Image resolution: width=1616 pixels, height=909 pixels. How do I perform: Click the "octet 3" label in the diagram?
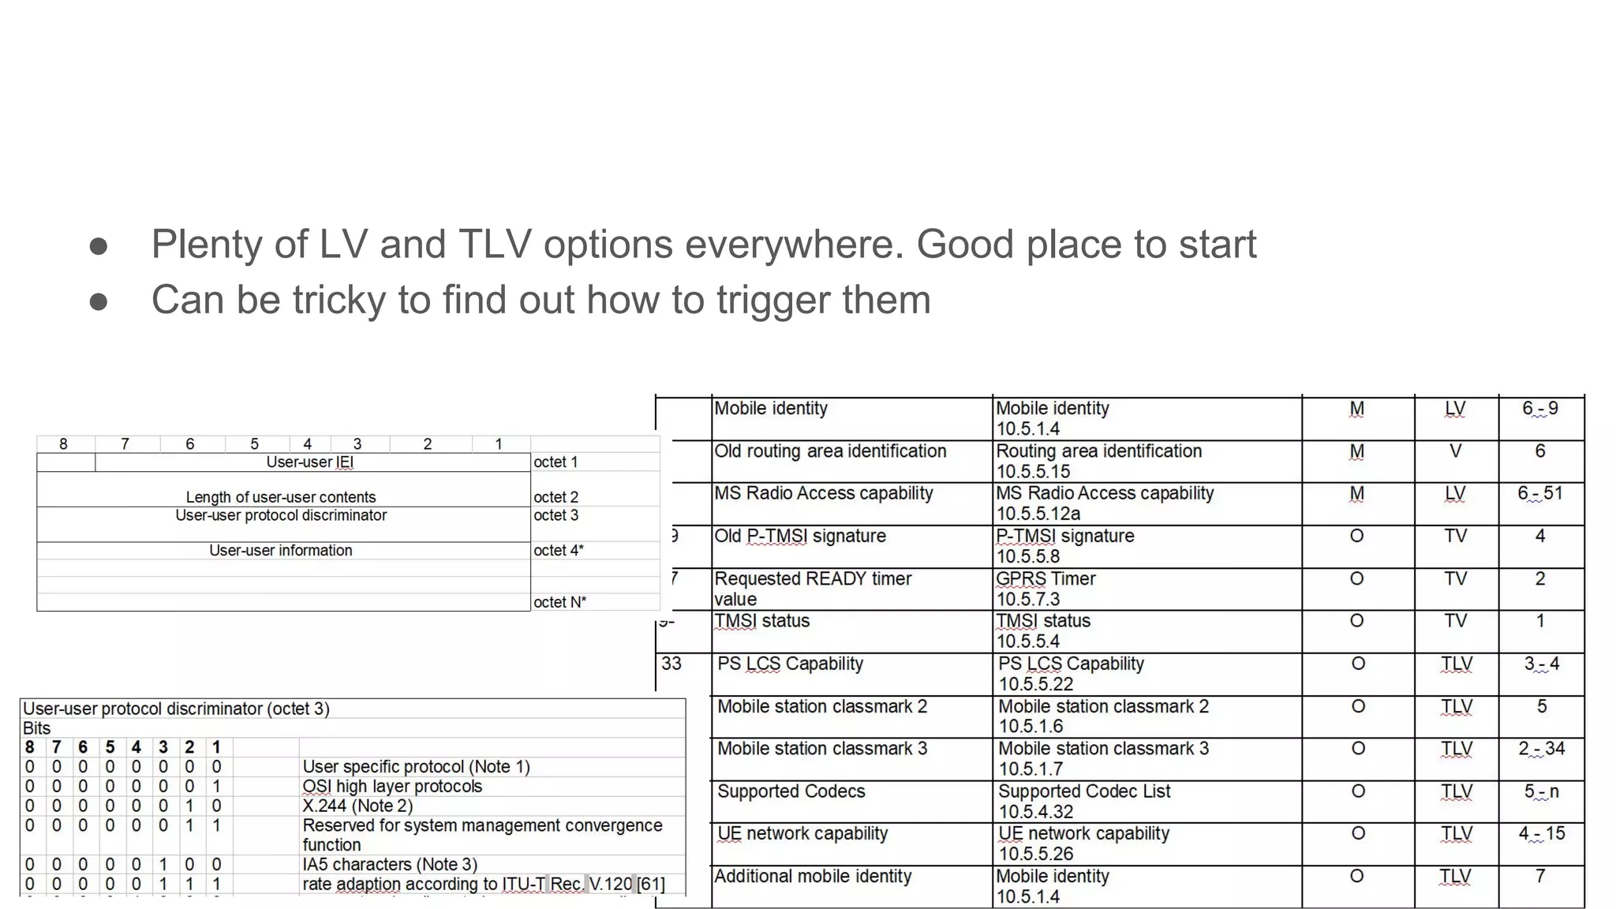pyautogui.click(x=555, y=515)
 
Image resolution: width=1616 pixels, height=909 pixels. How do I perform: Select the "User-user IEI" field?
pyautogui.click(x=310, y=462)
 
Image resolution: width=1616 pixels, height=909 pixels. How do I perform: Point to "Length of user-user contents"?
pyautogui.click(x=281, y=497)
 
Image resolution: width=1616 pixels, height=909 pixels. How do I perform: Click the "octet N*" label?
pyautogui.click(x=559, y=602)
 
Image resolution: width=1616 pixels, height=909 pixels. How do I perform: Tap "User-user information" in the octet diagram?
pyautogui.click(x=281, y=551)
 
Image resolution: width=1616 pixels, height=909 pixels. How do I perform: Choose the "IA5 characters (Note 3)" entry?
pyautogui.click(x=390, y=865)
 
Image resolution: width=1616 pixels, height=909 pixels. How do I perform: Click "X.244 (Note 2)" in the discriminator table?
pyautogui.click(x=357, y=806)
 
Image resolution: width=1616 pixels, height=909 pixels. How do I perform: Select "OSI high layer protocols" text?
pyautogui.click(x=392, y=787)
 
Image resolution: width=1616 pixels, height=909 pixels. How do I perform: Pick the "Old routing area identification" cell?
pyautogui.click(x=830, y=451)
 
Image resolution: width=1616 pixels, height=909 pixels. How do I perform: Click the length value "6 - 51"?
pyautogui.click(x=1539, y=493)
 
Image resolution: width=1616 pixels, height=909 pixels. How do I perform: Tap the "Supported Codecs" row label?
pyautogui.click(x=791, y=791)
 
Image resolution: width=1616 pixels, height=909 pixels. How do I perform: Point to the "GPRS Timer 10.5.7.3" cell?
pyautogui.click(x=1046, y=589)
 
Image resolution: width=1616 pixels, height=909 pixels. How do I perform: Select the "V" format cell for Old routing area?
pyautogui.click(x=1455, y=451)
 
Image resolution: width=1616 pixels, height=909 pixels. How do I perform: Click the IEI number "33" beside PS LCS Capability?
pyautogui.click(x=671, y=664)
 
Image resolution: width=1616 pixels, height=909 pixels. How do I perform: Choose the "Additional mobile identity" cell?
pyautogui.click(x=813, y=877)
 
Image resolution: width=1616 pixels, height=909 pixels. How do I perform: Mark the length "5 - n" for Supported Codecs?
pyautogui.click(x=1541, y=791)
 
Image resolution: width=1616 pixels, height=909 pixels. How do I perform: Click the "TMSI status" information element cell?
pyautogui.click(x=762, y=621)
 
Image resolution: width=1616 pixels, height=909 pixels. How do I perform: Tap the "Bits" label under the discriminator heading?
pyautogui.click(x=37, y=728)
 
